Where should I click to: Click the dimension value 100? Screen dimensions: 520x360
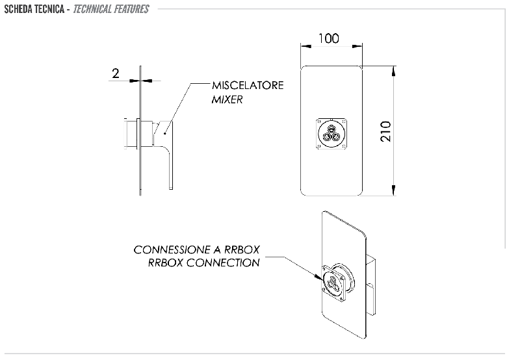329,38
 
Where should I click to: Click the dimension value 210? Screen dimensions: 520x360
385,131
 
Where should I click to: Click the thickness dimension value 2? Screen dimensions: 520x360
116,73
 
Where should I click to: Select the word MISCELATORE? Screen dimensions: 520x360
248,86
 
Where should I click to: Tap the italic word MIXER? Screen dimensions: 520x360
227,99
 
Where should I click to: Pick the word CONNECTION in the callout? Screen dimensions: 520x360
223,263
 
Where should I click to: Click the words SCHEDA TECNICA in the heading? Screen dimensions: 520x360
34,9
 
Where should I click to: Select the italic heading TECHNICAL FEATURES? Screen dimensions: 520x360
111,9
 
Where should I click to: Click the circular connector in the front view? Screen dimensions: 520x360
331,134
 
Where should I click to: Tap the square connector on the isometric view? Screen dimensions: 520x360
333,283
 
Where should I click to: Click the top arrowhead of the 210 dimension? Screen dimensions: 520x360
393,71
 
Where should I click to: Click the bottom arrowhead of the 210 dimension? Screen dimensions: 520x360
393,190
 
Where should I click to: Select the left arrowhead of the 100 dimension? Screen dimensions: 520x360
305,46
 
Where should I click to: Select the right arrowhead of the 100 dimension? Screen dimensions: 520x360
357,46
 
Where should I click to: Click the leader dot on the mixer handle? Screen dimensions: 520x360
165,134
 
